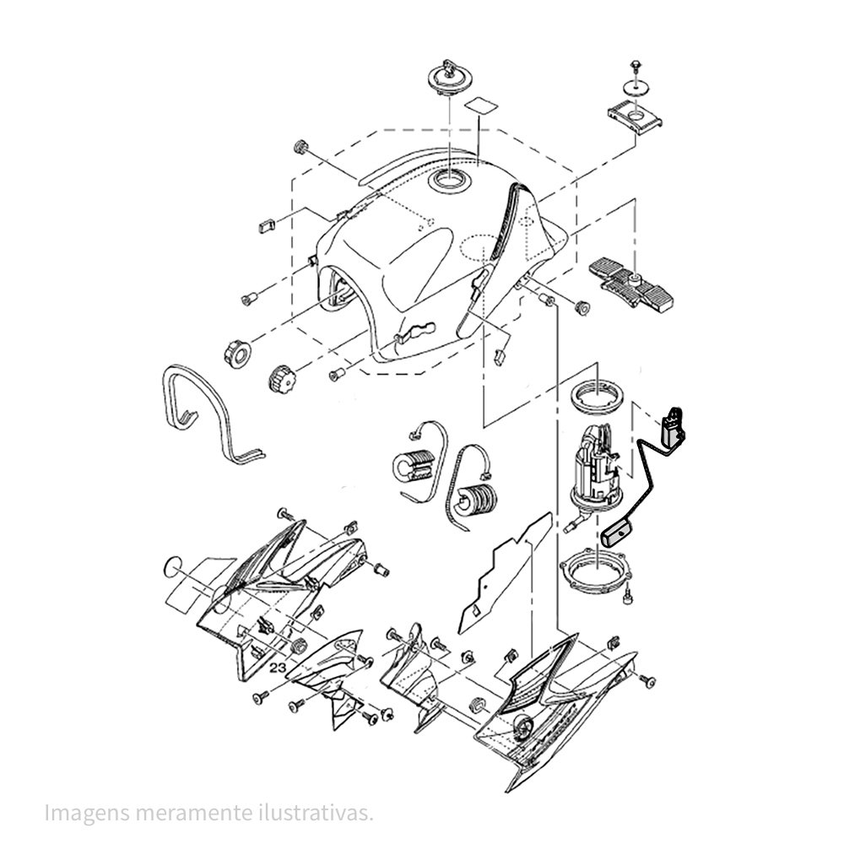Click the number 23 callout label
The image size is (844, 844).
pos(278,668)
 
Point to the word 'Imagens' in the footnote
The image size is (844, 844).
pos(87,814)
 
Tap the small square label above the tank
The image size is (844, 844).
pos(480,105)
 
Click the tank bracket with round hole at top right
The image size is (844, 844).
pos(635,116)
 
